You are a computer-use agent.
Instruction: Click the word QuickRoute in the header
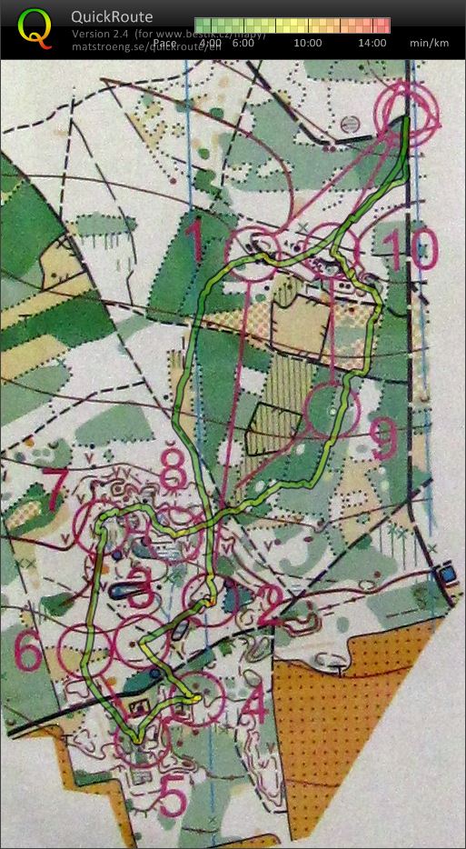(113, 16)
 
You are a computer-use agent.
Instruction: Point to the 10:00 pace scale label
(308, 43)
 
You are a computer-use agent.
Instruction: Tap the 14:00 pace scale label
(372, 43)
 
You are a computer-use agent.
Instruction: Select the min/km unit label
(429, 43)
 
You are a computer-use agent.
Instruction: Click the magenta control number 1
(194, 242)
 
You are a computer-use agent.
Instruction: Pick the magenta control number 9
(383, 441)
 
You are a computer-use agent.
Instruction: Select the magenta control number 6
(28, 652)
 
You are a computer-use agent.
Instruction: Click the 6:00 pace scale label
(243, 43)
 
